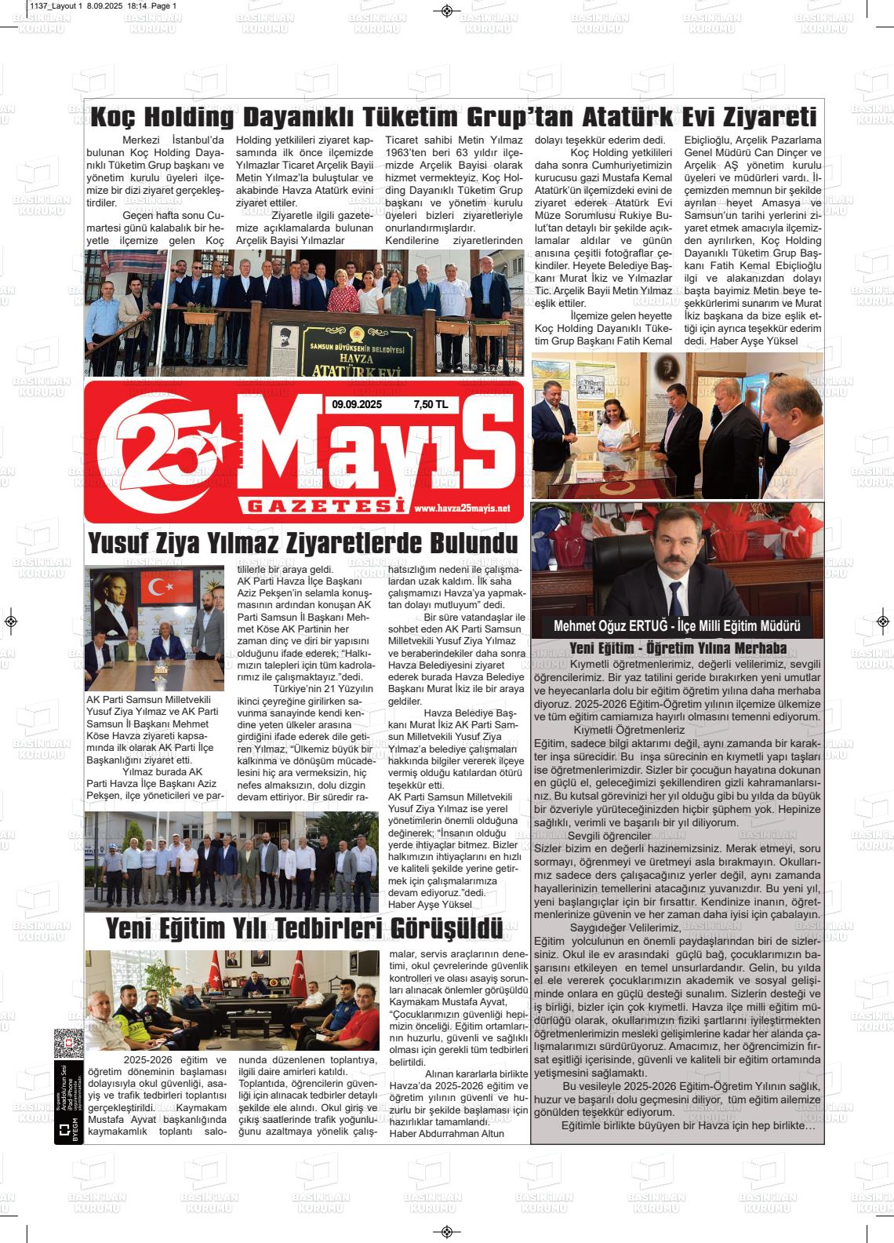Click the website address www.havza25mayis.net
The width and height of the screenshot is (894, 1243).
[461, 508]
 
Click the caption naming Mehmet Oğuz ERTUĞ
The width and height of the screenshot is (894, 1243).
[676, 626]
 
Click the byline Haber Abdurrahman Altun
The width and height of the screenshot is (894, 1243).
[446, 1133]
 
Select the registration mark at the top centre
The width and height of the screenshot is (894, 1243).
[446, 10]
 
